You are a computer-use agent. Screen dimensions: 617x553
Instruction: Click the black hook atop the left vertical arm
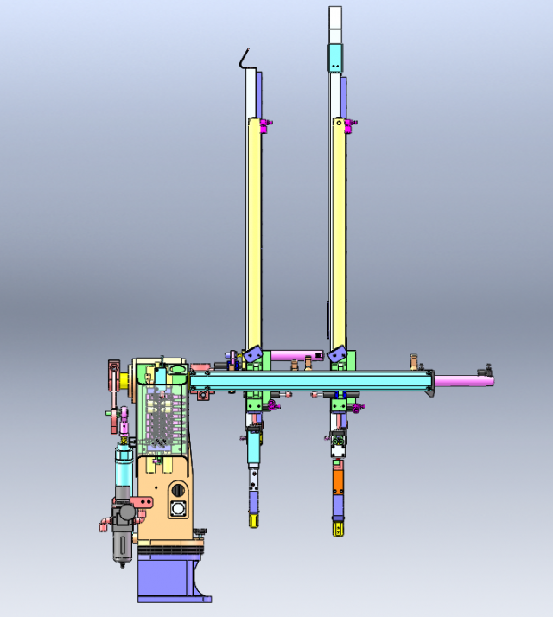[x=245, y=58]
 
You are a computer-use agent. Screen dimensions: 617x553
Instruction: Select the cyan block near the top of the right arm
[x=335, y=58]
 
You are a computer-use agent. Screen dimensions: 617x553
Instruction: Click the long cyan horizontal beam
[x=311, y=380]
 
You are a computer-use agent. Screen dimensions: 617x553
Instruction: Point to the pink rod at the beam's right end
[x=462, y=380]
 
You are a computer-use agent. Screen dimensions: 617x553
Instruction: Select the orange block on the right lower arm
[x=338, y=480]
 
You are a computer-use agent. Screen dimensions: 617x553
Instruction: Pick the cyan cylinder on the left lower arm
[x=254, y=448]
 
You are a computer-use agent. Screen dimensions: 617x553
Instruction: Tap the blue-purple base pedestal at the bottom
[x=168, y=579]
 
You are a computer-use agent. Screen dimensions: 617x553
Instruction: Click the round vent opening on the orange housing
[x=178, y=510]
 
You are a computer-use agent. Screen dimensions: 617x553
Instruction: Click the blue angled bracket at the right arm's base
[x=336, y=354]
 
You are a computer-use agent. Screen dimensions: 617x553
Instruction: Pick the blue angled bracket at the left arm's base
[x=252, y=354]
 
